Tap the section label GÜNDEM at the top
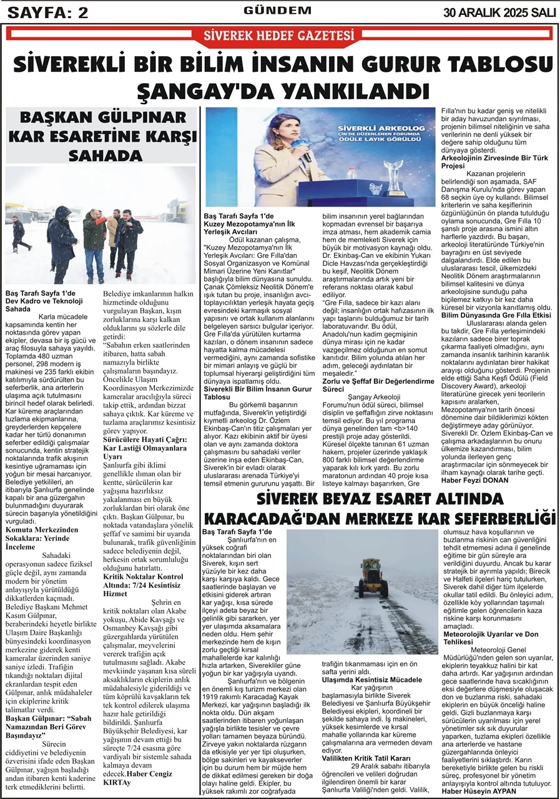[277, 10]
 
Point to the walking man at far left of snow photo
[18, 233]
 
